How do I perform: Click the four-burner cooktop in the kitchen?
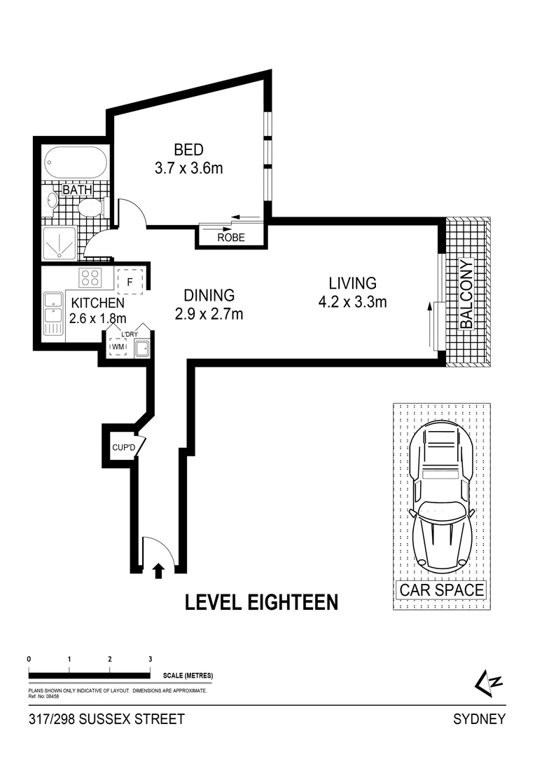pos(91,278)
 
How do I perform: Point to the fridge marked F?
pos(130,281)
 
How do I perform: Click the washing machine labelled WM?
pos(118,346)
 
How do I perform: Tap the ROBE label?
pos(231,238)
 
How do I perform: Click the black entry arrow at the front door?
pos(158,571)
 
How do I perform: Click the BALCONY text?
pos(466,294)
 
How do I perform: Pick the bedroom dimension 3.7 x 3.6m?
pos(188,168)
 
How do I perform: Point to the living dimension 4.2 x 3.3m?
pos(353,302)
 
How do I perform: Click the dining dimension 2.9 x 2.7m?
pos(209,314)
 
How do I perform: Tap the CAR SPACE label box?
pos(441,589)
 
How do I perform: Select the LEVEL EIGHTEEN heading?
pos(261,602)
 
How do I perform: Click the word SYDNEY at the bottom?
pos(480,719)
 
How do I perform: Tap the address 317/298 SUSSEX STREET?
pos(107,719)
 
